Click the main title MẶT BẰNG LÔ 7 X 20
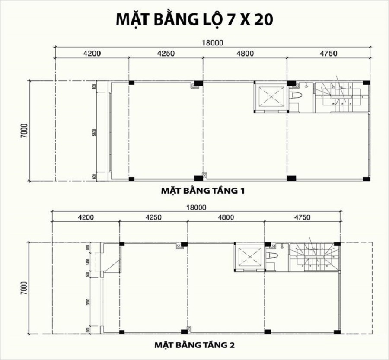click(194, 19)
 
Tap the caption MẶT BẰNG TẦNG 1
click(203, 190)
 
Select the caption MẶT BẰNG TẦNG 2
click(194, 345)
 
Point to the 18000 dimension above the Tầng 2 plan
click(196, 207)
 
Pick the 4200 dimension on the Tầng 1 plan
click(92, 54)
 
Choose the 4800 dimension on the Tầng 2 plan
click(226, 217)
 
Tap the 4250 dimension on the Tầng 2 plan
click(153, 217)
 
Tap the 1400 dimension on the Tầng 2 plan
click(89, 261)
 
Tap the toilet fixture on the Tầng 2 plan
click(272, 256)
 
